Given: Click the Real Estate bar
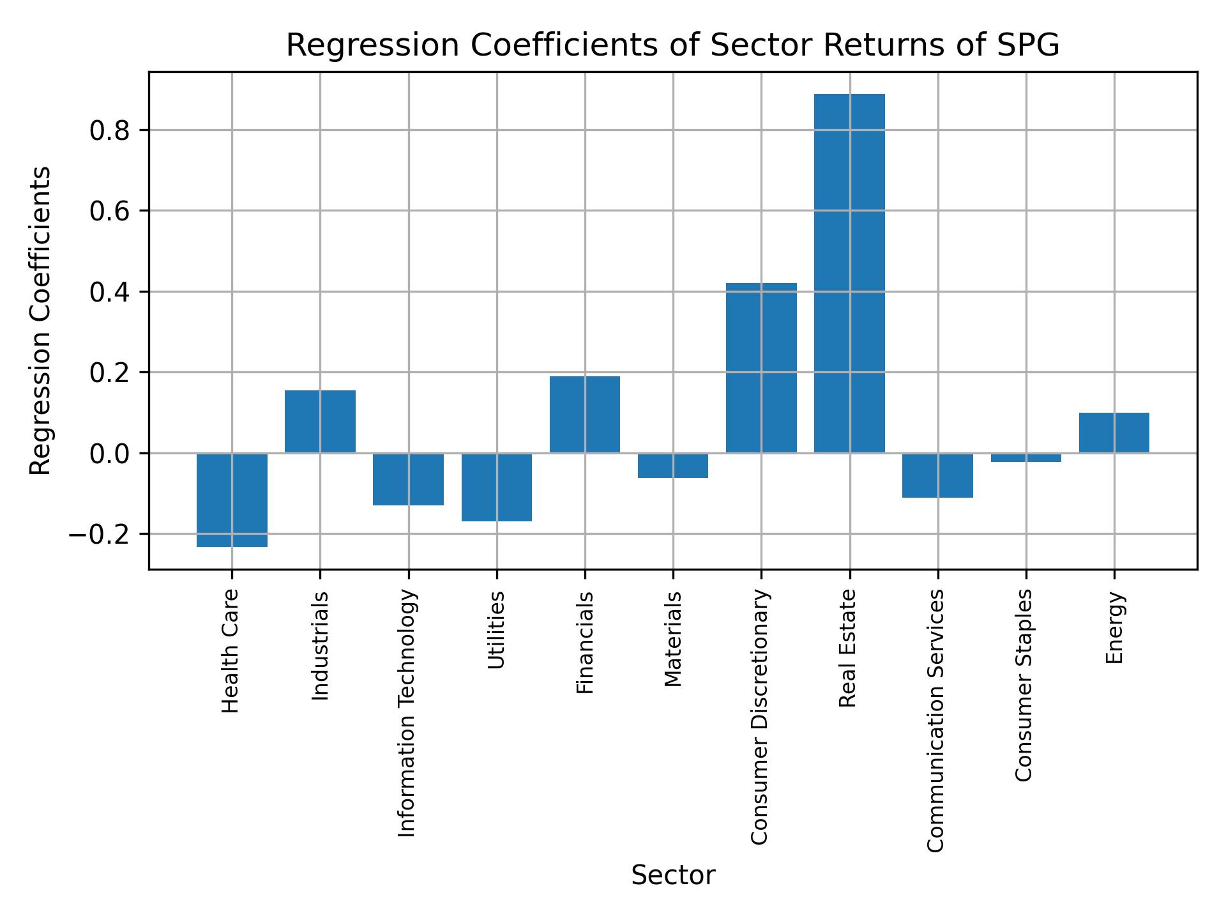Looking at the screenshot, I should pos(849,273).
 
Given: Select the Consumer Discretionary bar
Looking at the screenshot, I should pos(761,368).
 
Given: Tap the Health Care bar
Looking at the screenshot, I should pos(232,500).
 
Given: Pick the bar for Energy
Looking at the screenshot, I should pos(1114,433).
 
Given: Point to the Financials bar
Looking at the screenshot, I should pos(584,415).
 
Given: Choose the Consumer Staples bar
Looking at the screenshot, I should pos(1025,457).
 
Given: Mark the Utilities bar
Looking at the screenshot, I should pos(496,487).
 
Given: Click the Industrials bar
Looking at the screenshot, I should pos(320,422).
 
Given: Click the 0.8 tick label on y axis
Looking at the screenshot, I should pos(110,130).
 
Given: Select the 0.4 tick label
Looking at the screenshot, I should pos(110,292).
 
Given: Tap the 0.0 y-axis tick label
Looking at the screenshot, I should pos(110,454).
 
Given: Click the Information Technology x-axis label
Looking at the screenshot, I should pos(407,713).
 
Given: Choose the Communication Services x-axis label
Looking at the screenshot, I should pos(936,720).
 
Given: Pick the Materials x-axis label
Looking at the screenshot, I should pos(673,639).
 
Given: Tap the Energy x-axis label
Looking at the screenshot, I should pos(1114,627).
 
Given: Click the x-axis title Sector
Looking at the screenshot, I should pos(673,875).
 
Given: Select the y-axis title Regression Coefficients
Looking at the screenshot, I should pos(41,321).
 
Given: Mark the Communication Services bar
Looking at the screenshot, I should pos(937,475).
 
